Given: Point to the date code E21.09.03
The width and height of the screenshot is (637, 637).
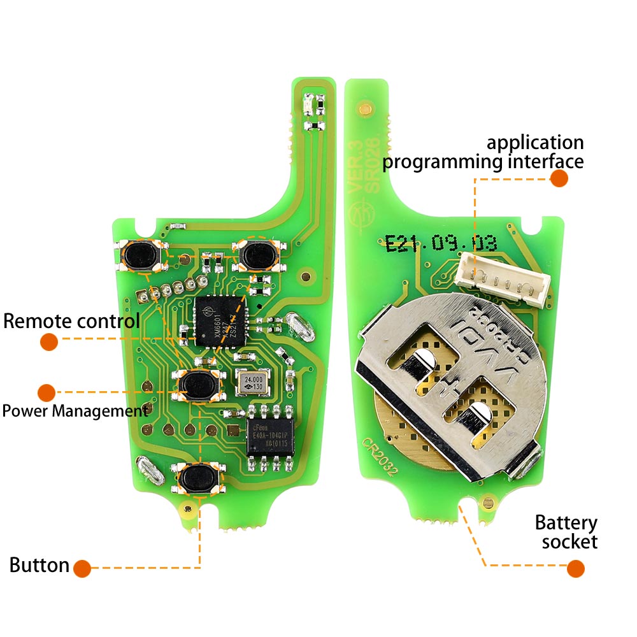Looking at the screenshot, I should [x=440, y=243].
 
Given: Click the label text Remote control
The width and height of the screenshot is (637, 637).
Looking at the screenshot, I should [x=71, y=320].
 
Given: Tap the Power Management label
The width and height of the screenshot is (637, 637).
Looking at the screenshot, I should [x=75, y=410].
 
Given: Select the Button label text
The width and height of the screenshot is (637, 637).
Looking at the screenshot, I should [x=39, y=564].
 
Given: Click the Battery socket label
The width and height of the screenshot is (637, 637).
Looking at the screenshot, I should [x=566, y=533].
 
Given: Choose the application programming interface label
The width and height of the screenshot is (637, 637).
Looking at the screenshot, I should [x=483, y=152].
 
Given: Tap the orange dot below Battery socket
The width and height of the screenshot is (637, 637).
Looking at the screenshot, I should [x=575, y=568].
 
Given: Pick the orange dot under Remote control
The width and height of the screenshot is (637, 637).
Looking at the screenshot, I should [x=49, y=342].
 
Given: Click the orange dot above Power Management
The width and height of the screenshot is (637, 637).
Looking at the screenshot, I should [x=46, y=392].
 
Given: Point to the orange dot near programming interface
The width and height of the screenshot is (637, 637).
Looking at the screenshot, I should [x=559, y=178].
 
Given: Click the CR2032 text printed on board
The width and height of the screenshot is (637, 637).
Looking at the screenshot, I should [x=380, y=457].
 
